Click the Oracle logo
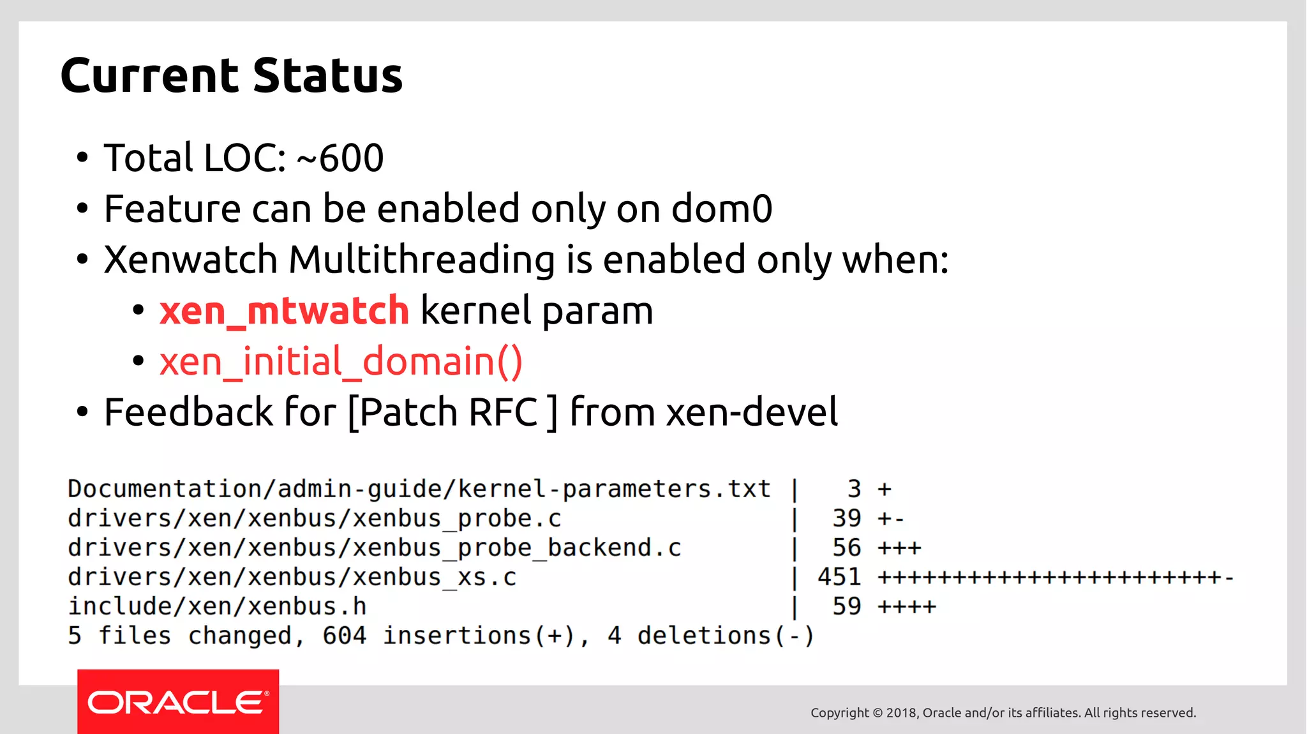click(178, 702)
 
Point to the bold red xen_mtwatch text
click(284, 311)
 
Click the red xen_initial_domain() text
click(341, 362)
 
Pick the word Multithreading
click(422, 260)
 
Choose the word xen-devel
click(752, 412)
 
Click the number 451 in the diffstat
click(839, 577)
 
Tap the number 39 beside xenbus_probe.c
click(847, 518)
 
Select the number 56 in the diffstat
click(847, 548)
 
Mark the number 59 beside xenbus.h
click(847, 606)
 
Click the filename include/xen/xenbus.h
click(217, 606)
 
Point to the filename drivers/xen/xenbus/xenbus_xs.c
click(292, 577)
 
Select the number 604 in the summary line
click(344, 636)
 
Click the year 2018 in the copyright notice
click(901, 713)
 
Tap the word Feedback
click(188, 412)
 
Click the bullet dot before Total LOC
click(82, 158)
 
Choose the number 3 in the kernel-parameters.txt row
click(855, 489)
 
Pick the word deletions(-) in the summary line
click(726, 636)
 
